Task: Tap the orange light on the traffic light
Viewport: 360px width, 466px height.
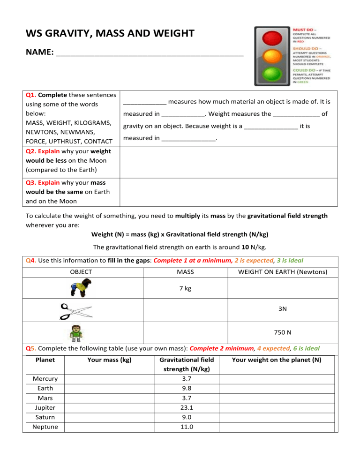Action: [x=272, y=56]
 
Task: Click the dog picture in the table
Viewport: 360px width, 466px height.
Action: [x=81, y=288]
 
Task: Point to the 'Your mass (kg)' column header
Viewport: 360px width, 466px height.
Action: [x=109, y=360]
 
